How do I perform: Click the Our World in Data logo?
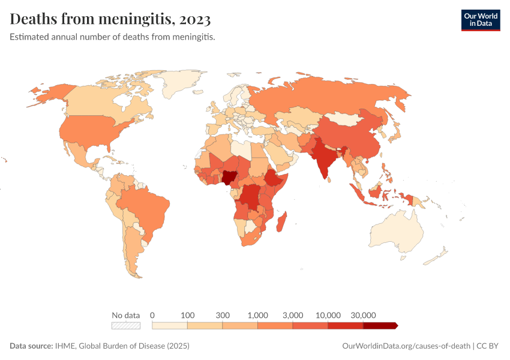[x=480, y=20]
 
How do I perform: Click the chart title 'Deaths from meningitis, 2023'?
[x=110, y=20]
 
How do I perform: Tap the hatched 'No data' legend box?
[x=126, y=326]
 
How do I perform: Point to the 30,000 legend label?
[x=363, y=315]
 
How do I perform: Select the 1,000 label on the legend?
[x=257, y=315]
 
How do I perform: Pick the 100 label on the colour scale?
[x=188, y=315]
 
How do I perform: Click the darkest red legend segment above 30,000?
[x=380, y=326]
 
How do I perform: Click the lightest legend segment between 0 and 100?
[x=170, y=326]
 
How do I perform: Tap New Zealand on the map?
[x=437, y=257]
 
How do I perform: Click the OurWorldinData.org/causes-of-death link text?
[x=406, y=346]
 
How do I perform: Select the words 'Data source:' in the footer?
[x=31, y=346]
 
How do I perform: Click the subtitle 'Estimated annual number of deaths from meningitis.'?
[x=112, y=37]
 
